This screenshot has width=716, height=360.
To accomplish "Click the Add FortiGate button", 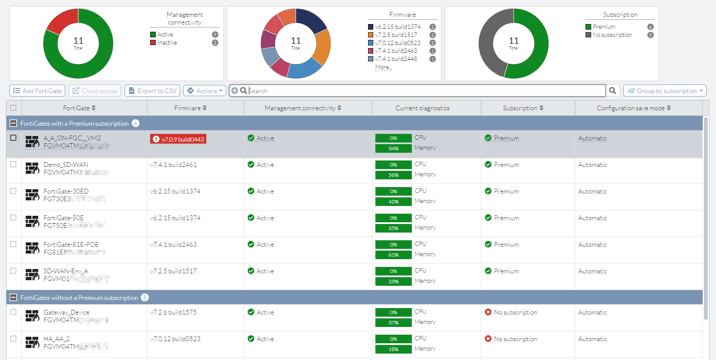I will tap(37, 91).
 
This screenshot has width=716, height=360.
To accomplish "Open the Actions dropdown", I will tap(205, 91).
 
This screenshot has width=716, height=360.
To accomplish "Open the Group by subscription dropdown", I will tap(665, 91).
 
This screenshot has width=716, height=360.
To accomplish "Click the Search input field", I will tap(425, 91).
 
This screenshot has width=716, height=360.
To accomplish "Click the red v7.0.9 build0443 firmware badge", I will tap(178, 139).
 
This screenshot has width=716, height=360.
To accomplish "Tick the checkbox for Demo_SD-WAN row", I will tap(13, 165).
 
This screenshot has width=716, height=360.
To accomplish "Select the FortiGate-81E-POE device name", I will tap(71, 245).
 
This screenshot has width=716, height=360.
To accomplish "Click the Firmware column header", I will tap(190, 108).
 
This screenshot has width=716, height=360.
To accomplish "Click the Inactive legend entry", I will tap(167, 43).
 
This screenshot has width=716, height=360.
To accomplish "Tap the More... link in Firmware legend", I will tap(383, 67).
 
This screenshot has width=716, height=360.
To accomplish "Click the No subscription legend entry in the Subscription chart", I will tap(612, 35).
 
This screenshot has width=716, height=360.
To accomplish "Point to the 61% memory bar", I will tap(393, 255).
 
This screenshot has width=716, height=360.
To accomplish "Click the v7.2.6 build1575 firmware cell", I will tap(173, 312).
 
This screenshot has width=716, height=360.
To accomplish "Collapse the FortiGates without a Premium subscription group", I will tap(13, 298).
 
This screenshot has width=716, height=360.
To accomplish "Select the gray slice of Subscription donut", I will tap(489, 43).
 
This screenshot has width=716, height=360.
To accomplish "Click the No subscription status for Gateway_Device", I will tap(515, 312).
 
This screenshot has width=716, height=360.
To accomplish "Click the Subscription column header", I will tap(523, 108).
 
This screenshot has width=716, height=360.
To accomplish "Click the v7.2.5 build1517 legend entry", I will tap(396, 35).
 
